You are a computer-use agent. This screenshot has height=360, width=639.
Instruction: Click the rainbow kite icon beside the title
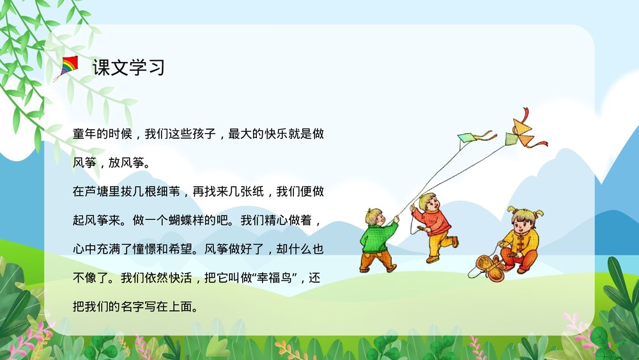tap(68, 67)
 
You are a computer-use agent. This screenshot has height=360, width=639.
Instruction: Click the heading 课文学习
tap(128, 67)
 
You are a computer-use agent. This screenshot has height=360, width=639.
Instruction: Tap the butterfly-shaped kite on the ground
tap(489, 266)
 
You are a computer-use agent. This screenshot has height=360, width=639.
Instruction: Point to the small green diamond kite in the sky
tap(467, 137)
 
